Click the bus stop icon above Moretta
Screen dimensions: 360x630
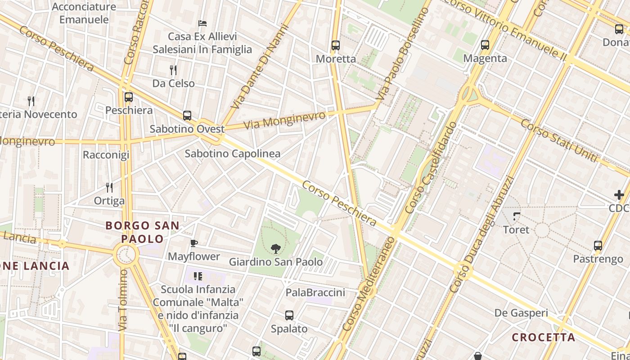335,45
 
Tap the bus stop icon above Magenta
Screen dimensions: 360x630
485,45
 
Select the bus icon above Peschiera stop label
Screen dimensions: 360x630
129,97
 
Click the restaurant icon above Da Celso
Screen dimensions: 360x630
173,70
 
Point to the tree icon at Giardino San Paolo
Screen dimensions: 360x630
276,248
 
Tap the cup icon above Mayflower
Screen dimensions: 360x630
194,243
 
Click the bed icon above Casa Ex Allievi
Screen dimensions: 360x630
202,23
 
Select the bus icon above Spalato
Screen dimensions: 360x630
289,315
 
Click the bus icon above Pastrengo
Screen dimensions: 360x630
598,246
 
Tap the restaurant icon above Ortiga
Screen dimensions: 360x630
109,187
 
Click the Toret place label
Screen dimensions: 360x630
516,229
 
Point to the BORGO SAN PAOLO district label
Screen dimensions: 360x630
142,232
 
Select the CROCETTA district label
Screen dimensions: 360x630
544,337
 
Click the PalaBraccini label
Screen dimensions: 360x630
315,292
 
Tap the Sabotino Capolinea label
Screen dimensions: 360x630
233,153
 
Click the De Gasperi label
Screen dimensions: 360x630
521,313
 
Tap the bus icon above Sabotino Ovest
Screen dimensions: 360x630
187,116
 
